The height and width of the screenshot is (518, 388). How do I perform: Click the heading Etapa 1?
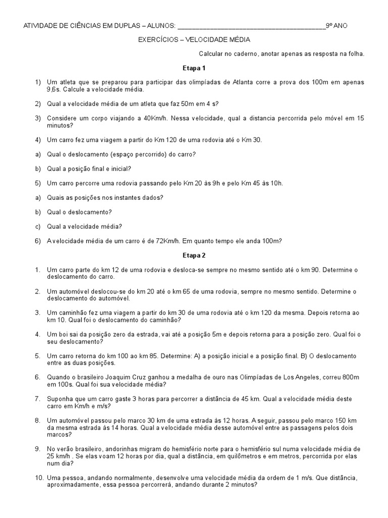194,67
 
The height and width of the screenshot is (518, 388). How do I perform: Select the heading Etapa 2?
194,255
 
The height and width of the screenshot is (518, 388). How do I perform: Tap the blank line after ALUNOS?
252,26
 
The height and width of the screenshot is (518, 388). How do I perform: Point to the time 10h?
275,183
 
